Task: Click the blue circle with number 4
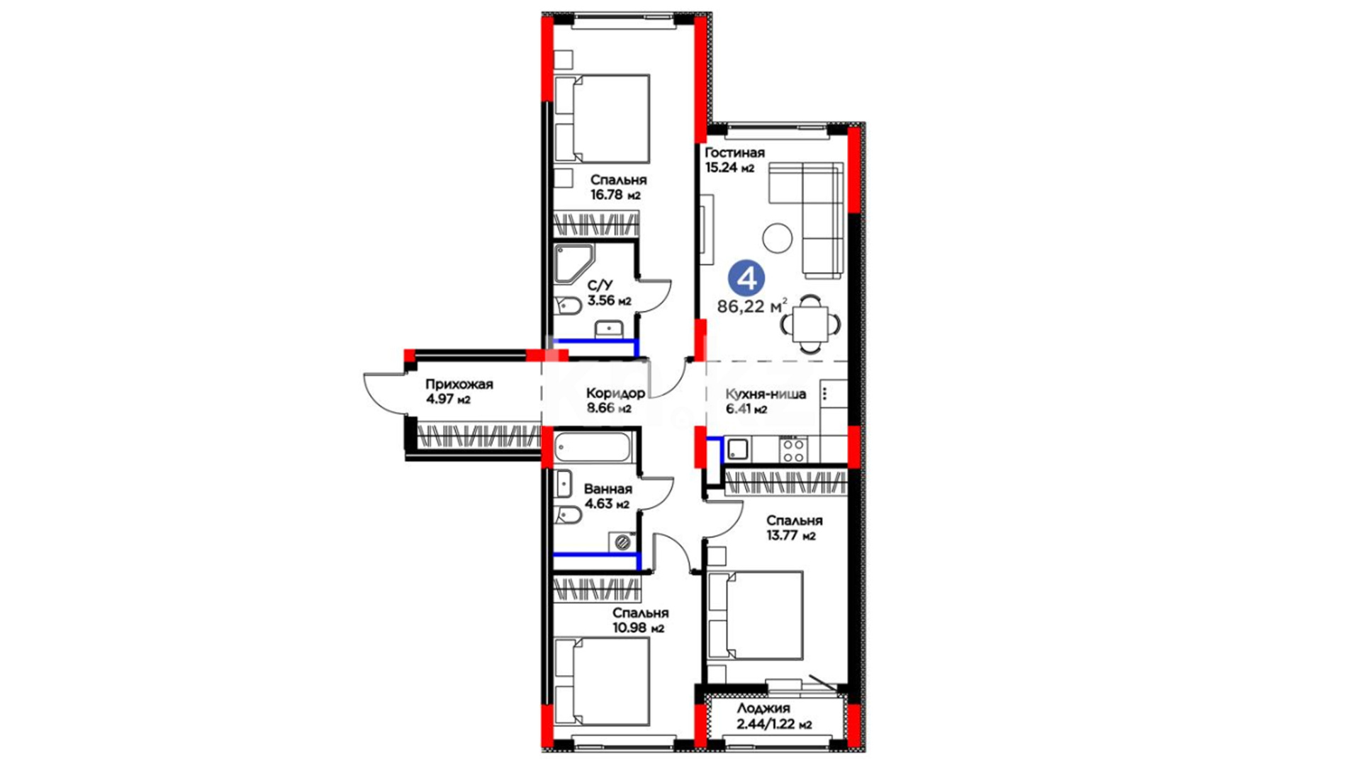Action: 747,278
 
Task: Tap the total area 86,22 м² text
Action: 752,306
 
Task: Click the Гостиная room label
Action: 734,152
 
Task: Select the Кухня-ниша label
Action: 766,394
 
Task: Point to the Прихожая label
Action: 459,385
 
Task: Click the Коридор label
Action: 615,393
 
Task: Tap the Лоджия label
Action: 763,708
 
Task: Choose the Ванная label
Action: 607,489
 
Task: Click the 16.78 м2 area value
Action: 615,195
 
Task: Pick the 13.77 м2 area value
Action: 790,535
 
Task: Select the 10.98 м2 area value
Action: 638,628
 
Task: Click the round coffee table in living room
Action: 777,238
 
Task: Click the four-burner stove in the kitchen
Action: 793,450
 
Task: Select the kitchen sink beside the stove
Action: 737,449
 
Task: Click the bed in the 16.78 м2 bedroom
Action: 602,119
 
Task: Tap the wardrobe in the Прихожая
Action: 479,436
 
